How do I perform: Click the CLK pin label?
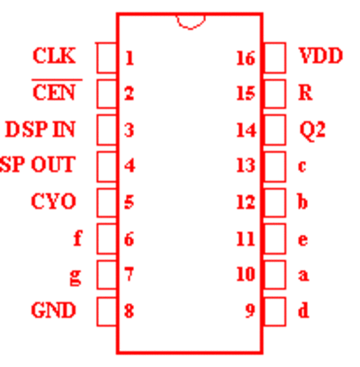54,56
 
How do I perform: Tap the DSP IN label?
40,130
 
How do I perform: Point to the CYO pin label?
53,201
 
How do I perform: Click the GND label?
53,310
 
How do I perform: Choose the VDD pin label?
320,56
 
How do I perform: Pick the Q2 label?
312,130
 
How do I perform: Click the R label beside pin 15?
306,93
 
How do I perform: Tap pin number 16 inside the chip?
246,58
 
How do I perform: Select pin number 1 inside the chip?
130,58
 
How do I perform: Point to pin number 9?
250,310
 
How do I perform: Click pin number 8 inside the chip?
130,310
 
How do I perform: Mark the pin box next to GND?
107,311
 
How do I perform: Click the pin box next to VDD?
274,58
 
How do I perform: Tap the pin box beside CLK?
107,58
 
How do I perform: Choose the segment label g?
76,276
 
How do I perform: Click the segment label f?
77,238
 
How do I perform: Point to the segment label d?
303,310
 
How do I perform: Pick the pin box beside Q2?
274,130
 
